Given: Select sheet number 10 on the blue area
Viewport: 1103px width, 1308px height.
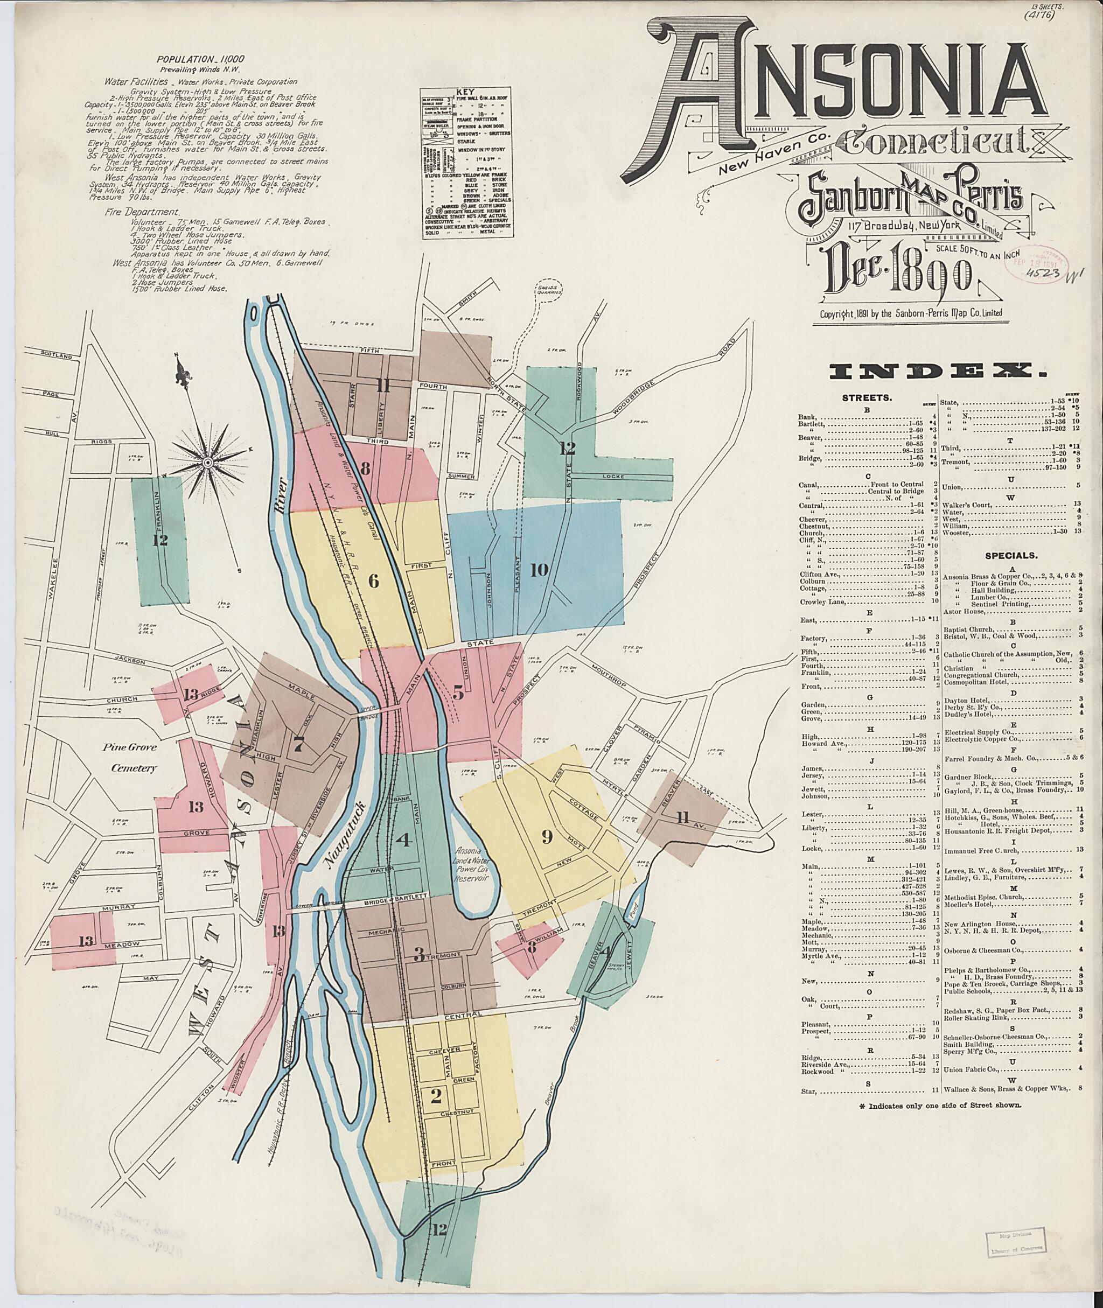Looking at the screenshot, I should pos(539,570).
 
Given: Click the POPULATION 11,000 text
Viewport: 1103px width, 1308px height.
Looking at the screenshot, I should pos(194,59).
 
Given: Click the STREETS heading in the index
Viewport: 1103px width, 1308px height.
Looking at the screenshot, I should pos(867,397).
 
